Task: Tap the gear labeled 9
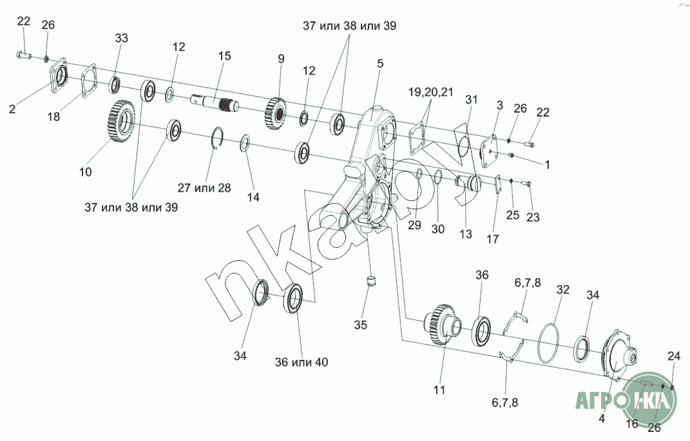pyautogui.click(x=276, y=114)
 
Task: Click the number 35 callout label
pyautogui.click(x=360, y=325)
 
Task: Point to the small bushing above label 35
pyautogui.click(x=372, y=281)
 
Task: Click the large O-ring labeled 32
pyautogui.click(x=548, y=343)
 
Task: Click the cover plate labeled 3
pyautogui.click(x=488, y=151)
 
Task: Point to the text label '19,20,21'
pyautogui.click(x=431, y=92)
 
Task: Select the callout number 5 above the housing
pyautogui.click(x=380, y=63)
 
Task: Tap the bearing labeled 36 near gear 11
pyautogui.click(x=483, y=330)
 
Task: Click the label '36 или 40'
pyautogui.click(x=302, y=362)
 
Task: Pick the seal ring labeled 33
pyautogui.click(x=115, y=85)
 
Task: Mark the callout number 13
pyautogui.click(x=466, y=234)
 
